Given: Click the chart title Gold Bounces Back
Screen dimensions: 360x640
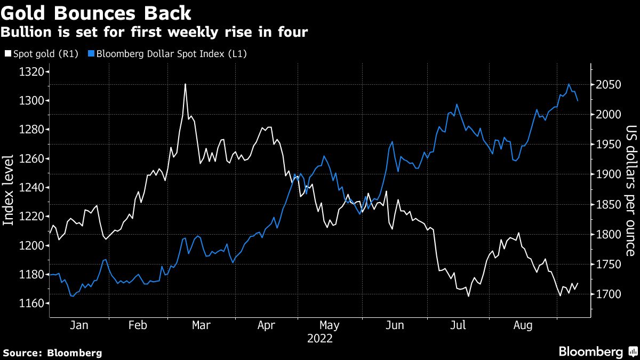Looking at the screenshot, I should (96, 12).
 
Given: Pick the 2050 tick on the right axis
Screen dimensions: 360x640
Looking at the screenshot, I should (608, 85).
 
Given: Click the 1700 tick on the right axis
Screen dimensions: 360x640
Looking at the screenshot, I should (608, 294).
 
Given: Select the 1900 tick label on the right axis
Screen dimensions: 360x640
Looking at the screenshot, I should (608, 174).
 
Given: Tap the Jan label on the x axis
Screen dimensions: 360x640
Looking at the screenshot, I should (79, 325).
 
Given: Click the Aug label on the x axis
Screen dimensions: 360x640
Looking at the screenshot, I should (523, 325).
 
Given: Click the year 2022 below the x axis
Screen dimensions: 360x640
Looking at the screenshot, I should (320, 339).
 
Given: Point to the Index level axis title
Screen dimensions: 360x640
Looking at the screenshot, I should (9, 189).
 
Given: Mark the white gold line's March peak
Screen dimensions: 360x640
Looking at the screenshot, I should (185, 84).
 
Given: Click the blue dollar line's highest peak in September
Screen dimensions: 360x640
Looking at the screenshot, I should (569, 84).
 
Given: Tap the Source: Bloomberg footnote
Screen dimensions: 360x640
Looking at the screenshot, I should (52, 353).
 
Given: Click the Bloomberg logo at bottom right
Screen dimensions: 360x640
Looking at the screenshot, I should (597, 351).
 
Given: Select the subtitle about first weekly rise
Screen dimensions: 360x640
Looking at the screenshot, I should (154, 32).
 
